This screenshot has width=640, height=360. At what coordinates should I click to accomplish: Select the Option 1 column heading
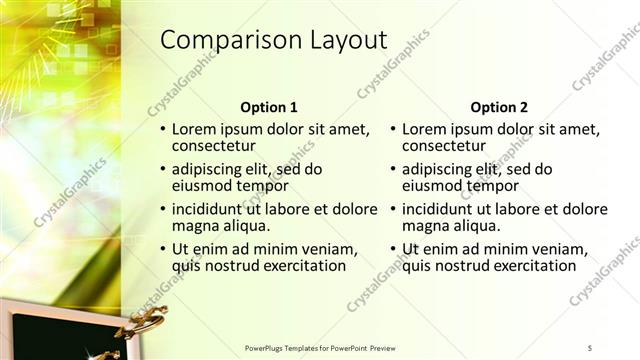tap(269, 108)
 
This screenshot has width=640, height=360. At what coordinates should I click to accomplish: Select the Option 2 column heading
tap(499, 108)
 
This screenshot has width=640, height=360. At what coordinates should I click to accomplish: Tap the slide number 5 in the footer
tap(590, 348)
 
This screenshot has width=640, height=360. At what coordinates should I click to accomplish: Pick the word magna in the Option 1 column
tap(193, 226)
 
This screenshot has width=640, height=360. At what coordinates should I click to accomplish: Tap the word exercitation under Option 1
tap(302, 266)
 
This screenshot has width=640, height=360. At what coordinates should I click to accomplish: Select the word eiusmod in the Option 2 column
tap(432, 186)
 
